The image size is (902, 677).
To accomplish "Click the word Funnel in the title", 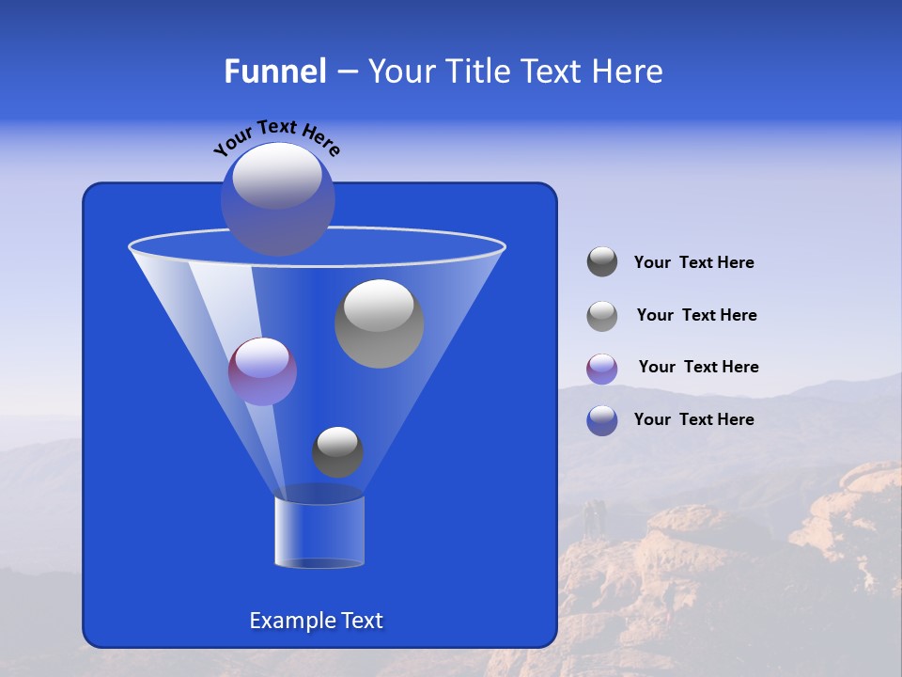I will (x=274, y=71).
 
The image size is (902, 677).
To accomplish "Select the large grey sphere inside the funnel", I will (x=379, y=323).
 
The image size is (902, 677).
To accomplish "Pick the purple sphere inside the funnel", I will (x=262, y=371).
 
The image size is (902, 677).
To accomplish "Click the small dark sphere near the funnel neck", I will (x=337, y=451).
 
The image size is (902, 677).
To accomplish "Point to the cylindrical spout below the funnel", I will (x=319, y=532).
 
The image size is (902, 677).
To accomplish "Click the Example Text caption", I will (x=316, y=621).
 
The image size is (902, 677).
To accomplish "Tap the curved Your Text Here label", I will (x=276, y=135).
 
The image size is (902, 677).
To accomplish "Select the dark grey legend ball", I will (x=602, y=262).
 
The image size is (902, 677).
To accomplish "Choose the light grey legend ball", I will (x=602, y=316).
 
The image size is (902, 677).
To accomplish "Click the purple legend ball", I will (x=602, y=369).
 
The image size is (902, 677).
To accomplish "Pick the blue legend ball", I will (x=602, y=420).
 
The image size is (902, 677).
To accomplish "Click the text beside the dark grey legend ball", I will (x=693, y=263).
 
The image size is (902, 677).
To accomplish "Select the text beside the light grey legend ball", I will (x=696, y=316).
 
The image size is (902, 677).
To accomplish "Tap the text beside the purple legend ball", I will (x=698, y=368).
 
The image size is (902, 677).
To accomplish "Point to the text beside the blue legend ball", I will (x=693, y=419).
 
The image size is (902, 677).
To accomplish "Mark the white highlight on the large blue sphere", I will (x=277, y=176).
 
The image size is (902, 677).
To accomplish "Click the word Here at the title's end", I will (x=628, y=71).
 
